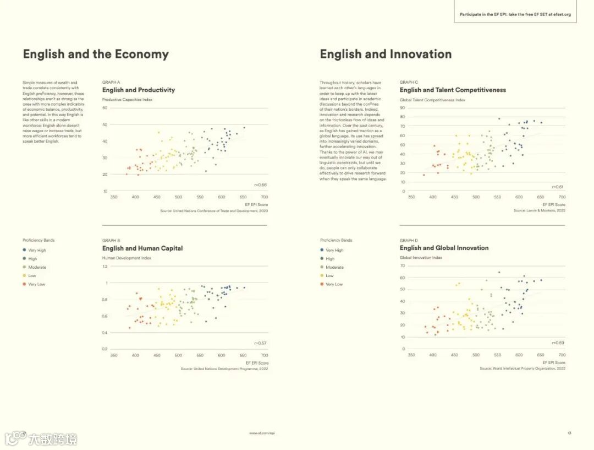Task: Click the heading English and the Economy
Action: click(x=96, y=54)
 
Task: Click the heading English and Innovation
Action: click(x=386, y=54)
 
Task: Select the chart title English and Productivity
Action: click(x=139, y=90)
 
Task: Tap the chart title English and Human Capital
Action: click(x=142, y=248)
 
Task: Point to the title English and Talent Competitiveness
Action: click(x=453, y=90)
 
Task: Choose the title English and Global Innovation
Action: click(x=444, y=248)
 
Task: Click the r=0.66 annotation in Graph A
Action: click(x=261, y=185)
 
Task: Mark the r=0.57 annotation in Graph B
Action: click(x=261, y=343)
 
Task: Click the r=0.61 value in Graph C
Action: click(x=558, y=187)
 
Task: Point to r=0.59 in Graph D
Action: click(x=558, y=343)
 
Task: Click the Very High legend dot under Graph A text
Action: click(x=24, y=250)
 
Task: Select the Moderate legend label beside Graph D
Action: click(x=334, y=267)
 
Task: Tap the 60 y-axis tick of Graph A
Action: click(x=105, y=108)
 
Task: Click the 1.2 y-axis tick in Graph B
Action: click(x=105, y=267)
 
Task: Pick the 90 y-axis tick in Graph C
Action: click(x=403, y=108)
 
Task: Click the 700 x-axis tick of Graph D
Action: click(x=562, y=355)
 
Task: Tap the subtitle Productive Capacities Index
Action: click(x=127, y=100)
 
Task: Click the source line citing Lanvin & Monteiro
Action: click(x=539, y=210)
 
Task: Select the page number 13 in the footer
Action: click(x=569, y=433)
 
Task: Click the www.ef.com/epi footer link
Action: click(x=262, y=433)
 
